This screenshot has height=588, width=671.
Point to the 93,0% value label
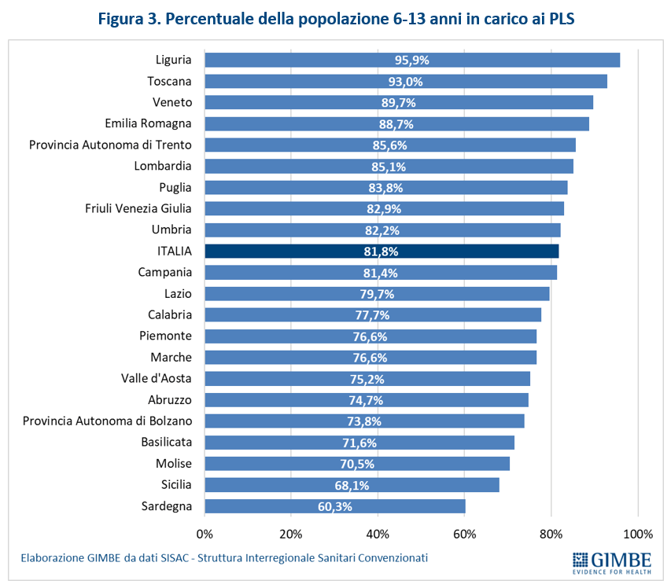406,81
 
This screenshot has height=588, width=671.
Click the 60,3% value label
334,506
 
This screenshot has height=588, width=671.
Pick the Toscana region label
169,81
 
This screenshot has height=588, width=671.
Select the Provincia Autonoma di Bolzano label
107,421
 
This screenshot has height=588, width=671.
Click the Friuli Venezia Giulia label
138,208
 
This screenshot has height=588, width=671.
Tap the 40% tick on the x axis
378,535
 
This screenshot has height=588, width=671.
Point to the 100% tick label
637,535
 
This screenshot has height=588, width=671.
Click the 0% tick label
205,535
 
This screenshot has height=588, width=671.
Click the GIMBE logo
611,563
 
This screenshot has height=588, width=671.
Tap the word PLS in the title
558,19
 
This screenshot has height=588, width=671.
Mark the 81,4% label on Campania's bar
381,273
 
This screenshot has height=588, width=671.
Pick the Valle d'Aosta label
157,379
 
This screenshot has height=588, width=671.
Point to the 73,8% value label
363,421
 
